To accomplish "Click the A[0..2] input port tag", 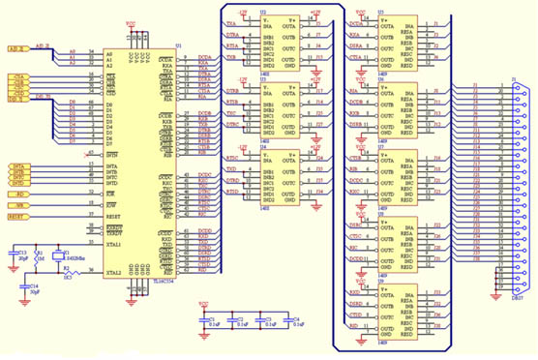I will (17, 47).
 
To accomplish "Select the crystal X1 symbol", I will (56, 257).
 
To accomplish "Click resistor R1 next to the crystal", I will (40, 257).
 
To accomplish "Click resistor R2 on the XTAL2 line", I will (68, 273).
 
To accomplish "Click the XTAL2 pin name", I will (141, 273).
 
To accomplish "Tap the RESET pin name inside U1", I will (139, 218).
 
